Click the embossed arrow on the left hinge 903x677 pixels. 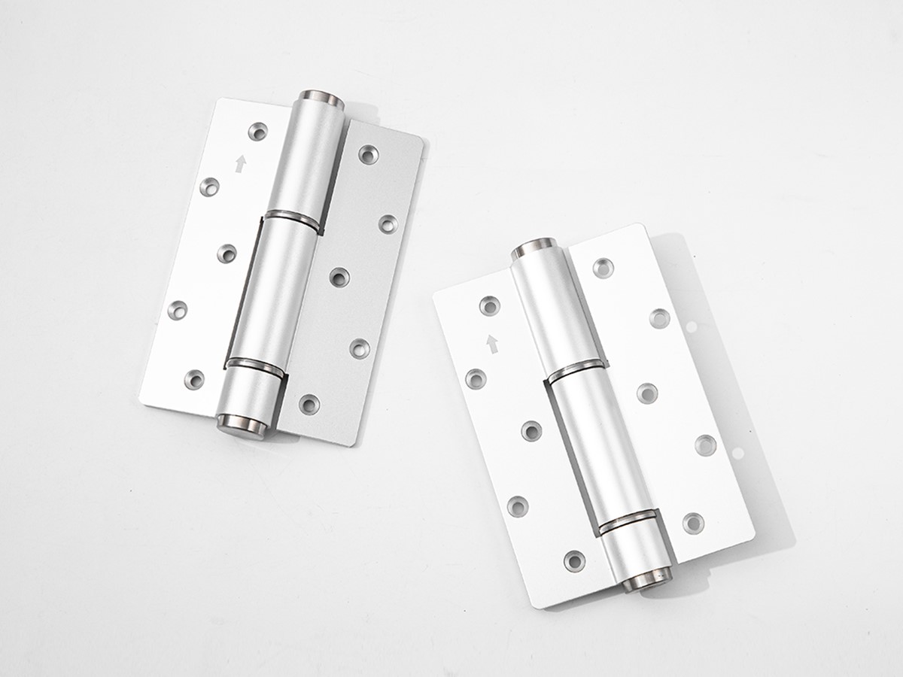click(241, 163)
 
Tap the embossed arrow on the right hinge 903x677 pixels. click(492, 344)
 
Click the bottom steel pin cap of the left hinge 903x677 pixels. click(240, 424)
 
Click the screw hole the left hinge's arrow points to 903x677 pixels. click(260, 132)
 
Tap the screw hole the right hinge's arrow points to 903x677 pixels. click(490, 305)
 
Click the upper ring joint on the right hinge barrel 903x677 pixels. click(574, 369)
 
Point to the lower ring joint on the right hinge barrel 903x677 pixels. click(628, 519)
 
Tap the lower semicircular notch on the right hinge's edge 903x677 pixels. click(738, 453)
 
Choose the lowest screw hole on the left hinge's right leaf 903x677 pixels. click(309, 404)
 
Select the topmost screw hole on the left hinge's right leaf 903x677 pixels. click(368, 154)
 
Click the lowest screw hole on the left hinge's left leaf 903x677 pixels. click(195, 379)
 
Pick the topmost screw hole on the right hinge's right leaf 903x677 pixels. click(603, 267)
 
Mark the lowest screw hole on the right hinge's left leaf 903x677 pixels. click(574, 560)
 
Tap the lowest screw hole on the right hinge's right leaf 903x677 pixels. click(693, 522)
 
